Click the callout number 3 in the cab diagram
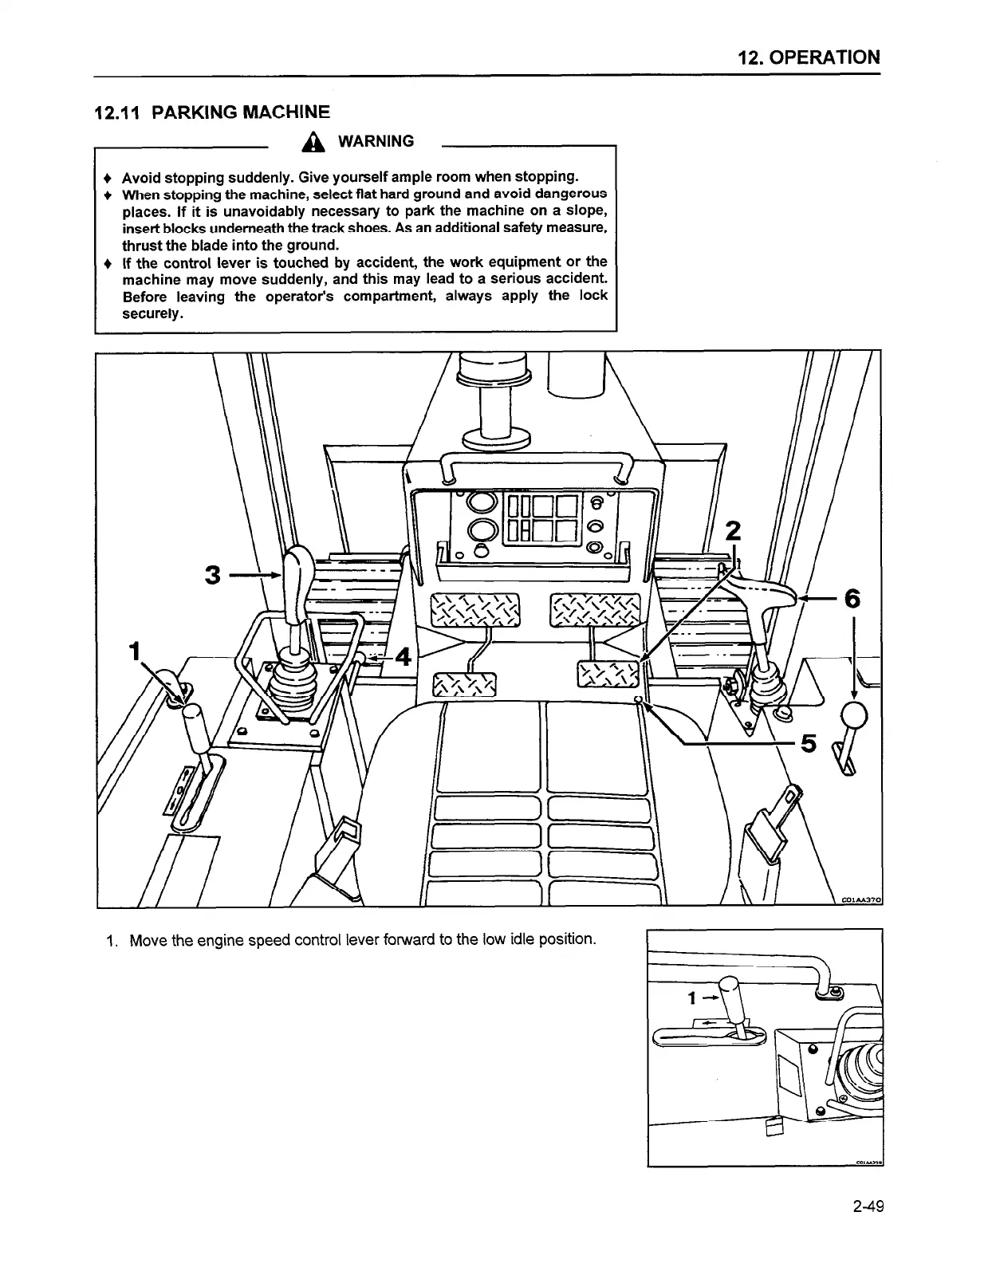212,574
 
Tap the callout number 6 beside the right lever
852,598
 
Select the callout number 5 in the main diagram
808,744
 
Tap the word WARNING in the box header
376,142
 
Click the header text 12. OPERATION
809,57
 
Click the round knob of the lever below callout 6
854,714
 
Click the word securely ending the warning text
152,313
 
